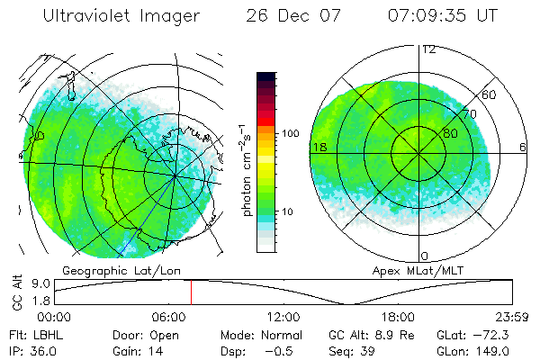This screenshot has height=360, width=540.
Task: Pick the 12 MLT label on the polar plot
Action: tap(428, 49)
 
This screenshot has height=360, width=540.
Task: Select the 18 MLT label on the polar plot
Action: tap(318, 147)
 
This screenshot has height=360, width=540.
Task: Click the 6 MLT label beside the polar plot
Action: tap(524, 147)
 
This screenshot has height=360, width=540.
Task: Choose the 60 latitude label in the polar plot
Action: tap(489, 94)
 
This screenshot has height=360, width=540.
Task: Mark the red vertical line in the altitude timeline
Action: tap(191, 292)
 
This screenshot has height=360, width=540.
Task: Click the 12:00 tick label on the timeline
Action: tap(283, 317)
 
